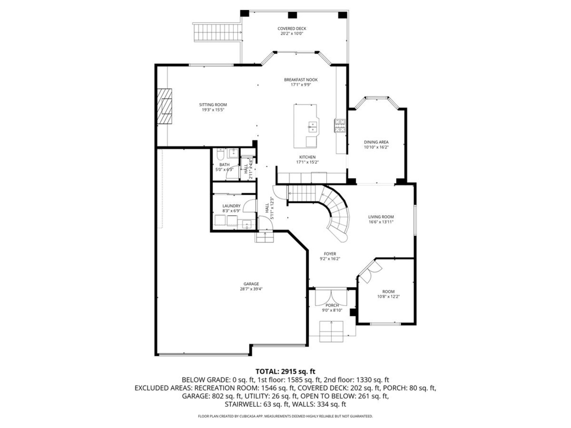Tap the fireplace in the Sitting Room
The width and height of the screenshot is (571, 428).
coord(165,106)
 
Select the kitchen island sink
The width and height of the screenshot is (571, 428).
coord(312,127)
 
